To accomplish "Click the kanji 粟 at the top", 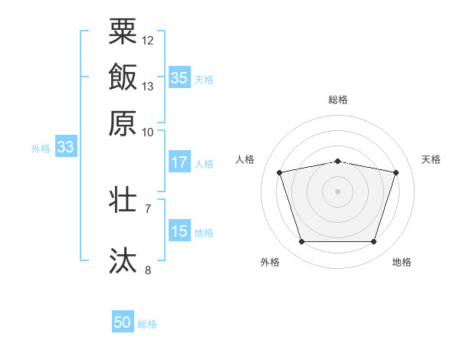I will point(123,32).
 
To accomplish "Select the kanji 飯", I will point(123,77).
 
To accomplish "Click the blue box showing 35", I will point(179,78).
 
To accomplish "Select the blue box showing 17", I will point(179,162).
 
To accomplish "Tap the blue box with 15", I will point(179,231).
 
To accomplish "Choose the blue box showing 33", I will point(65,148).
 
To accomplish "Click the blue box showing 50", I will point(123,322).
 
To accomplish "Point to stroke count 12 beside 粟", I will point(148,40).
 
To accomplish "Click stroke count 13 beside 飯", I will point(148,86).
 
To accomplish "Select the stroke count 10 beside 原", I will point(148,132).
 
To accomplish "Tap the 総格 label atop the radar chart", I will point(338,100).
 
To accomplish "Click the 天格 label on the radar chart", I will point(431,159).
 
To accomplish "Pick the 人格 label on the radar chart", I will point(245,159).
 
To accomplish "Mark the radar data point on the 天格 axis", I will point(396,172).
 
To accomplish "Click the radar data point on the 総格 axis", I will point(338,161).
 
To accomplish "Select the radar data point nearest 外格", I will point(301,242).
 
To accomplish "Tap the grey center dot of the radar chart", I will point(338,191).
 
